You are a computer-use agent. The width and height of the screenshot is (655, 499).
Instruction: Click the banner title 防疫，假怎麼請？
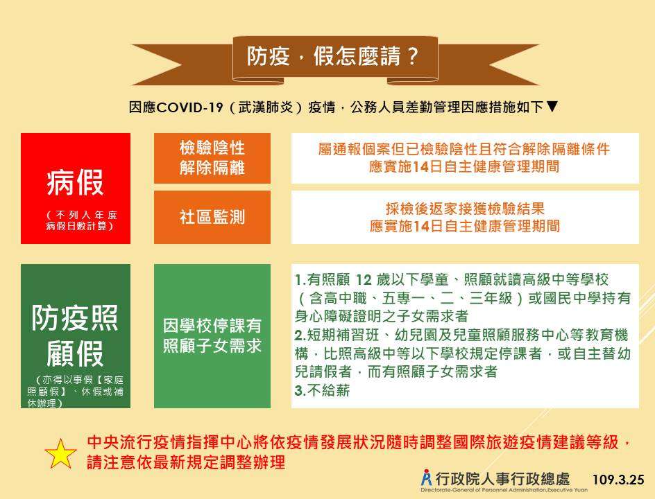pos(332,56)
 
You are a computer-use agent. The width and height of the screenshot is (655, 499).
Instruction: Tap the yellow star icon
pos(60,454)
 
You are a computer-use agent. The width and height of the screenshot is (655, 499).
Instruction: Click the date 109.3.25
pos(618,480)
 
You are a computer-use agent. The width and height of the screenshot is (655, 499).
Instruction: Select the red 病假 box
pos(76,189)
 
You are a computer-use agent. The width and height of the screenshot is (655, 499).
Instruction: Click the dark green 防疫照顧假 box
pos(76,336)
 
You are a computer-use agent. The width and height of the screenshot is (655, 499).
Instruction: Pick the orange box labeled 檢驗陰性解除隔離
pos(212,158)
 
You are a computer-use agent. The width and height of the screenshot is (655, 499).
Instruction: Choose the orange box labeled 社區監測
pos(212,218)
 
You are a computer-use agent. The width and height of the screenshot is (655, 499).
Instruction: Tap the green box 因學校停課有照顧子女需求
pos(212,336)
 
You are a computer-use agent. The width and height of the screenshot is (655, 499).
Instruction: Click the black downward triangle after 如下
pos(552,107)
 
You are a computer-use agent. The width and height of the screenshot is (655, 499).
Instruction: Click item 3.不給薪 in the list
pos(322,390)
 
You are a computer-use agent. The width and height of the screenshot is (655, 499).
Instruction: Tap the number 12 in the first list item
pos(363,279)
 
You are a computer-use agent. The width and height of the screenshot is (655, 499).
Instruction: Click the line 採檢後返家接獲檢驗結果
pos(465,209)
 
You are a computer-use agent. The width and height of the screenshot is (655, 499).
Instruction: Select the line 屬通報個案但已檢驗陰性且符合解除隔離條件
pos(464,149)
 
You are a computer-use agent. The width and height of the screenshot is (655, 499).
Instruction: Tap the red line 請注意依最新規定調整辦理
pos(187,462)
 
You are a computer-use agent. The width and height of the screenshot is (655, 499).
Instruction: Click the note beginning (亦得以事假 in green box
pos(76,392)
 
